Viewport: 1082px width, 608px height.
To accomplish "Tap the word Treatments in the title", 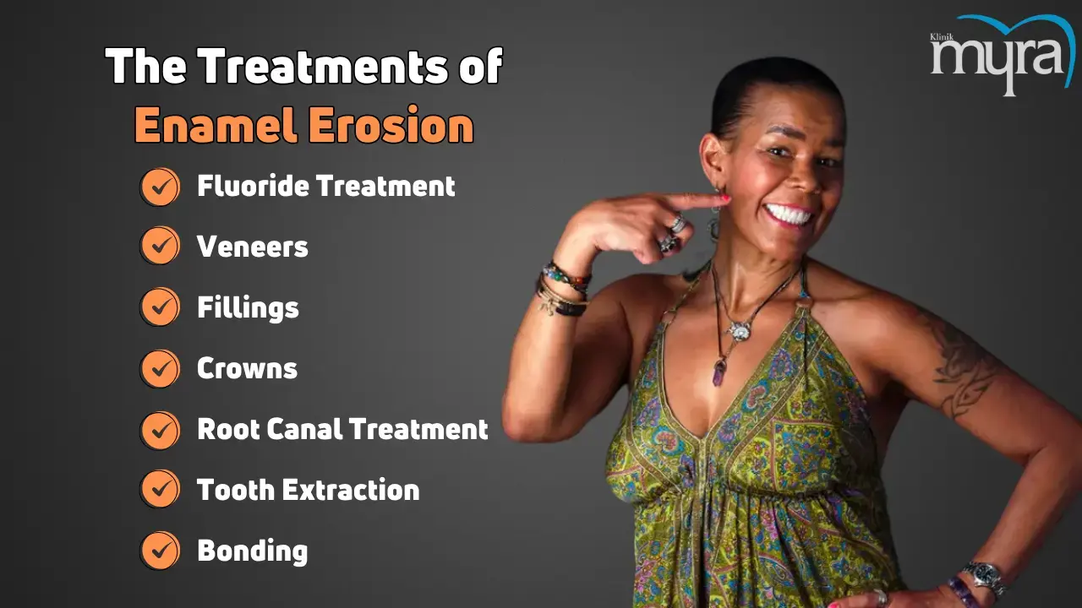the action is (323, 66).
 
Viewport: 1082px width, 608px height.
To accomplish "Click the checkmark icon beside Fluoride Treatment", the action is (160, 187).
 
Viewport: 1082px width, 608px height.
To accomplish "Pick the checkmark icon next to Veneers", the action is (160, 246).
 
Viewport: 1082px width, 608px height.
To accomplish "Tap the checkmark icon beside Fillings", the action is (160, 307).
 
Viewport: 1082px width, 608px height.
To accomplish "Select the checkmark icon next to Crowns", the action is (160, 369).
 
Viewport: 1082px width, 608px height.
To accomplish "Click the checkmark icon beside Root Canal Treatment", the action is (160, 430).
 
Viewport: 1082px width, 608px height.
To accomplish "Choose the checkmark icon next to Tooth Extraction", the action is (160, 489).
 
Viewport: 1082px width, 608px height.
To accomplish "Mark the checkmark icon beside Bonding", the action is (160, 551).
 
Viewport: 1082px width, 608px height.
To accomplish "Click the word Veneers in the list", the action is (252, 247).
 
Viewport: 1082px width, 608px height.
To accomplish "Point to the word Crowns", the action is (247, 369).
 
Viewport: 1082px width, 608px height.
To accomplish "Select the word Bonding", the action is (252, 551).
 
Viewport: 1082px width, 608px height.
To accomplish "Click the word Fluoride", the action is (253, 186).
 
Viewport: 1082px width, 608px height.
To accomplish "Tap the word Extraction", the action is (351, 490).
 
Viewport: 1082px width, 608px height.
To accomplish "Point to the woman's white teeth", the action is (789, 214).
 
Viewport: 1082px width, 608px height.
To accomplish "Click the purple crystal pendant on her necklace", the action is (719, 372).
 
